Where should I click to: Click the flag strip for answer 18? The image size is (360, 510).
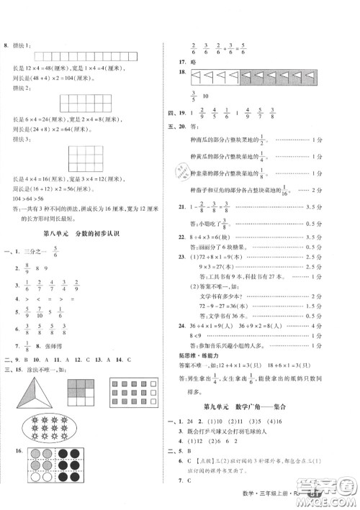237,75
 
